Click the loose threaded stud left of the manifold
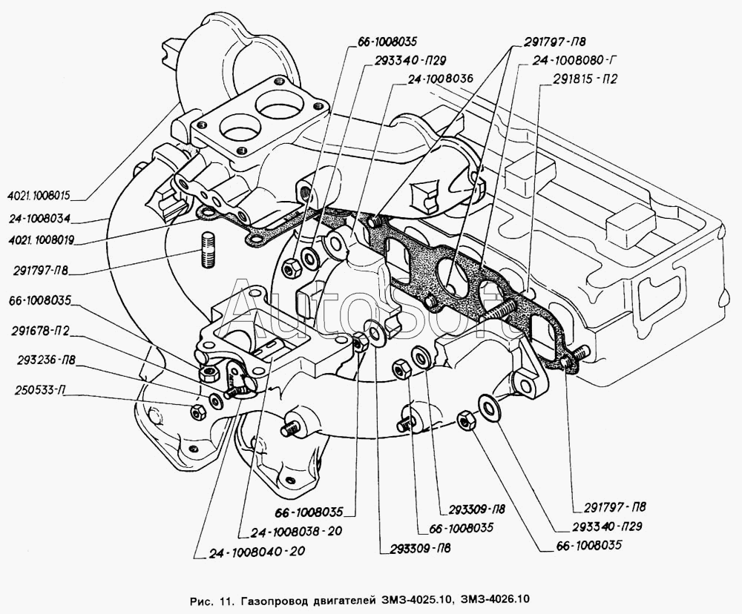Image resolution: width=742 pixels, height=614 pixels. pyautogui.click(x=207, y=251)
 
